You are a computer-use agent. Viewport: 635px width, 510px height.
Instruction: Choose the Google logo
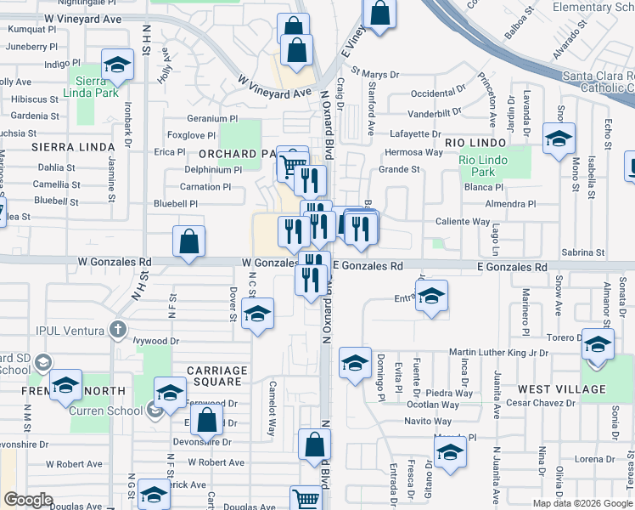point(29,500)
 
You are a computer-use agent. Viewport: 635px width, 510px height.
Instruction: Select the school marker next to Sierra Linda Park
point(117,65)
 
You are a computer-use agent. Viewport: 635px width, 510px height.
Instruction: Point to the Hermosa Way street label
point(413,152)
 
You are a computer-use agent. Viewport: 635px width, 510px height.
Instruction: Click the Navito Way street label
point(427,421)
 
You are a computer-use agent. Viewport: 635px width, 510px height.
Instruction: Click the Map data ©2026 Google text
point(582,502)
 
